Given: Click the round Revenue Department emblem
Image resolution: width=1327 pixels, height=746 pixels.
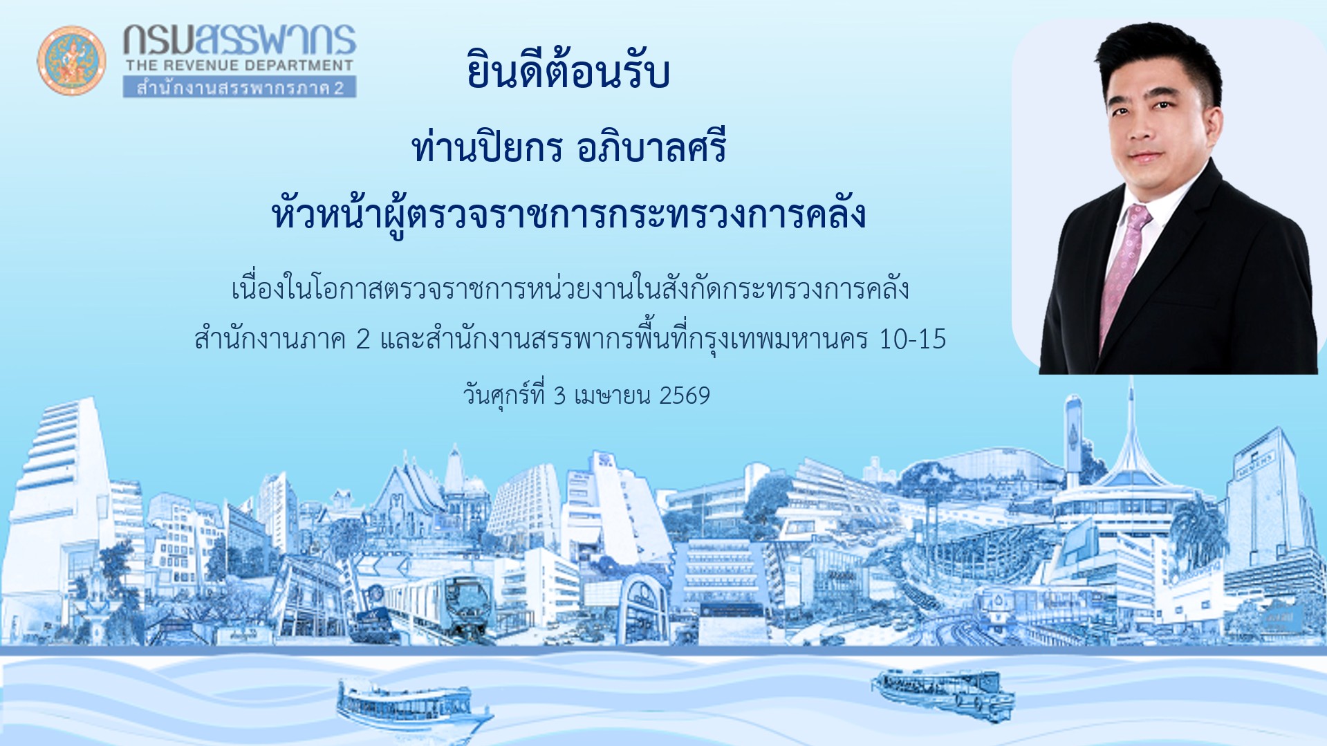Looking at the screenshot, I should tap(71, 61).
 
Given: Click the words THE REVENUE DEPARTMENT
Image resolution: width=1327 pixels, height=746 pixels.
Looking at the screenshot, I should tap(239, 66).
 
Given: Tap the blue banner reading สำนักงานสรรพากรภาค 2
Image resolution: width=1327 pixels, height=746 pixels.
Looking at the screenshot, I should tap(239, 88).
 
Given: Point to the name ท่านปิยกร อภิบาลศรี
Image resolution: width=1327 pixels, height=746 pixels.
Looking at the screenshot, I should tap(568, 148).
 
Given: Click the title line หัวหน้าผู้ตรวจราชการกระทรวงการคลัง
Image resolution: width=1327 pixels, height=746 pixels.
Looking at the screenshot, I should tap(568, 215).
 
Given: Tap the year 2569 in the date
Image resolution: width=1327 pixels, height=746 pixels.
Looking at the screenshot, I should tap(685, 395).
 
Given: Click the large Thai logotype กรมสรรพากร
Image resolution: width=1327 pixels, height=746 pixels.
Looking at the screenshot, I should tap(239, 40).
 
